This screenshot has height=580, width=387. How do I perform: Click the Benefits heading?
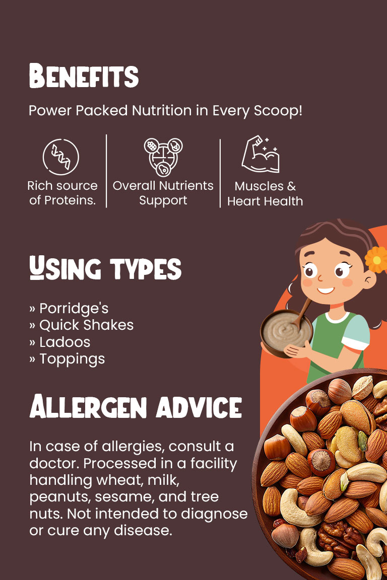(84, 76)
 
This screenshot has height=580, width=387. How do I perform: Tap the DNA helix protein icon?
(61, 157)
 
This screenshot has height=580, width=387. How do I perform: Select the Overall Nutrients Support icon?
(163, 157)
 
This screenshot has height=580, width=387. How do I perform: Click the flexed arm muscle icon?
(261, 154)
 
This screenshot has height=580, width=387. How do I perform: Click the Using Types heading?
(105, 268)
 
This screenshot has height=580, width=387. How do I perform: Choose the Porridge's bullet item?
(69, 308)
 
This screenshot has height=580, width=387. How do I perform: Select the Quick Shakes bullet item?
(82, 325)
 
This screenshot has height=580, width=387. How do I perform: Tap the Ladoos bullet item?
(59, 342)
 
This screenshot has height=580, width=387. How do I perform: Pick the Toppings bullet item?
(67, 359)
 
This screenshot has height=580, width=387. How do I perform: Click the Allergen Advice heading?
(136, 406)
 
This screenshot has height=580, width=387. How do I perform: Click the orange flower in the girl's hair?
(376, 259)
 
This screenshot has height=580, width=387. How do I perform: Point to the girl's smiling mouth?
(326, 291)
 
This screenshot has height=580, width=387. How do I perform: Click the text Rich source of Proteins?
(62, 193)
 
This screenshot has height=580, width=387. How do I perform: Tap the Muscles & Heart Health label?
(265, 194)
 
